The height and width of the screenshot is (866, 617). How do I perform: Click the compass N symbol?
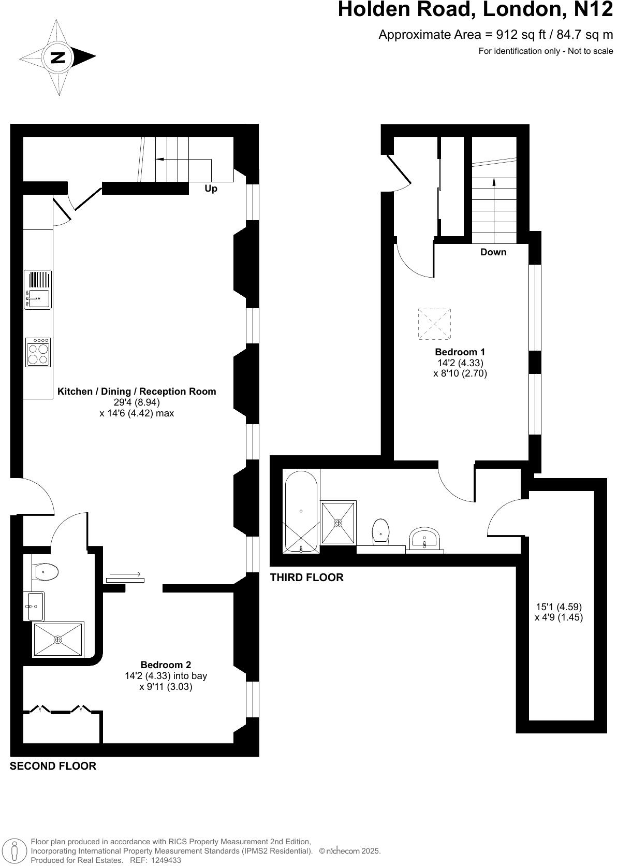pos(58,57)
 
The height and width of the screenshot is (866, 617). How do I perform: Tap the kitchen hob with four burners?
pos(38,353)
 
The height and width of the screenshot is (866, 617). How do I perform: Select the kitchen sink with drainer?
pos(38,290)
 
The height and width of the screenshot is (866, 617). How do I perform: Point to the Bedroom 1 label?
pos(460,352)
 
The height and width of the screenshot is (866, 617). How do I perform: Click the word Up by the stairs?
pos(211,189)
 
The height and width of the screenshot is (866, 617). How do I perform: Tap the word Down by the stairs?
pos(493,252)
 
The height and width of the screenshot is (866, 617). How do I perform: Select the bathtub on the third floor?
pos(301,511)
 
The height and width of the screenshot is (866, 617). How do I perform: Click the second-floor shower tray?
pos(57,640)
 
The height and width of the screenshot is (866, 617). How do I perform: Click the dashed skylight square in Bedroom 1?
pos(434,324)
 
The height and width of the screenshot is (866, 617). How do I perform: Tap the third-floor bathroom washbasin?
pos(424,539)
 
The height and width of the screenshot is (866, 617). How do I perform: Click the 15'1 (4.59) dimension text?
pos(559,607)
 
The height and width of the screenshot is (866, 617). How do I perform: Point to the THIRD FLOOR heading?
pos(306,578)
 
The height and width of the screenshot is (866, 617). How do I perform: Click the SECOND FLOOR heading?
pos(53,766)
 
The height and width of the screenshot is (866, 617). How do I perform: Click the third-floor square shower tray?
pos(339,523)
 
